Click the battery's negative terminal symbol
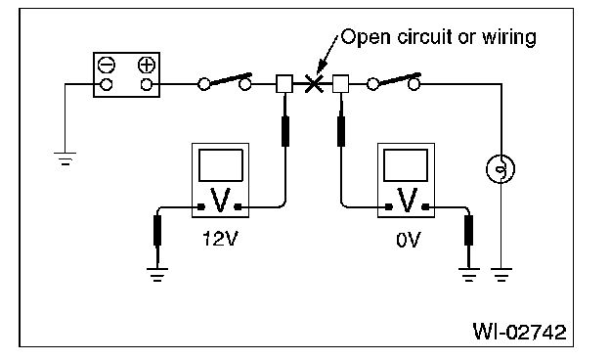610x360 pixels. pos(107,65)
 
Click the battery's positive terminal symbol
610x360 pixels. pos(147,65)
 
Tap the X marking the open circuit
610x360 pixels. pos(314,84)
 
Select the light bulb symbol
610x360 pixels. pos(501,169)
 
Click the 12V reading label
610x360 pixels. pos(219,239)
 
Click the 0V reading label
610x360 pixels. pos(408,240)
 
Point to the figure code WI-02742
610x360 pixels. pos(519,332)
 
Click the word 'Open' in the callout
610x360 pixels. pos(366,38)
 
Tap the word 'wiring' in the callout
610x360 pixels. pos(509,38)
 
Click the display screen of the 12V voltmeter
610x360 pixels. pos(221,165)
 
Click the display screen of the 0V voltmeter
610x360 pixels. pos(406,165)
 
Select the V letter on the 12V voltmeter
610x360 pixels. pos(220,200)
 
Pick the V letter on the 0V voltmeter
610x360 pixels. pos(407,200)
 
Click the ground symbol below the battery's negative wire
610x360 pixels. pos(65,158)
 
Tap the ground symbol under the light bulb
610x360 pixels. pos(501,274)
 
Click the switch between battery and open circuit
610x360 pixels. pos(225,81)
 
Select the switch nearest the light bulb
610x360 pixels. pos(393,81)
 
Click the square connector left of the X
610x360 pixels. pos(284,84)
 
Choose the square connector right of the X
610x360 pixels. pos(340,84)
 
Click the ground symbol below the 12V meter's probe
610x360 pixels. pos(157,274)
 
